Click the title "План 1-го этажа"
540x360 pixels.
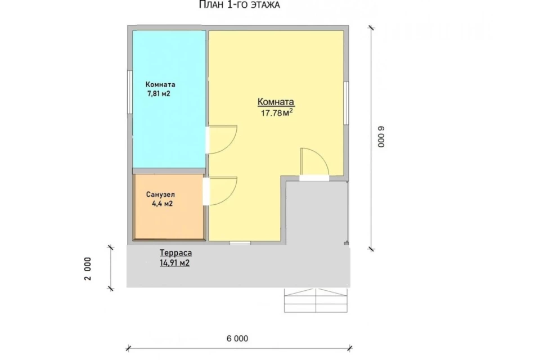[x=240, y=5]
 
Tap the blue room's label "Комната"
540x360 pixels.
[x=160, y=84]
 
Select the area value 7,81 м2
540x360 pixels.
[x=159, y=94]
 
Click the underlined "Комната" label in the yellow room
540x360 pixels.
[x=276, y=102]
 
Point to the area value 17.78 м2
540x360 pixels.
[x=277, y=112]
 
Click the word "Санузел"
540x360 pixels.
[x=160, y=195]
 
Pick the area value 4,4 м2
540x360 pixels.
[x=162, y=204]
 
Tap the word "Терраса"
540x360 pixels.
[x=175, y=253]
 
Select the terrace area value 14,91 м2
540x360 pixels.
[x=174, y=263]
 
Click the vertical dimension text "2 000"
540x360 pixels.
[x=88, y=269]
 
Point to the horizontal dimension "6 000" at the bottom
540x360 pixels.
[x=237, y=339]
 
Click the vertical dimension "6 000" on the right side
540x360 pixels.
[x=381, y=137]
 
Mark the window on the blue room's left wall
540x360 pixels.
[x=130, y=92]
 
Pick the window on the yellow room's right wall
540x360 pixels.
[x=346, y=103]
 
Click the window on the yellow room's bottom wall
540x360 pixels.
[x=240, y=243]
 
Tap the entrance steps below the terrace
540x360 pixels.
[x=316, y=300]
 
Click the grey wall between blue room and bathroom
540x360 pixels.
[x=169, y=171]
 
